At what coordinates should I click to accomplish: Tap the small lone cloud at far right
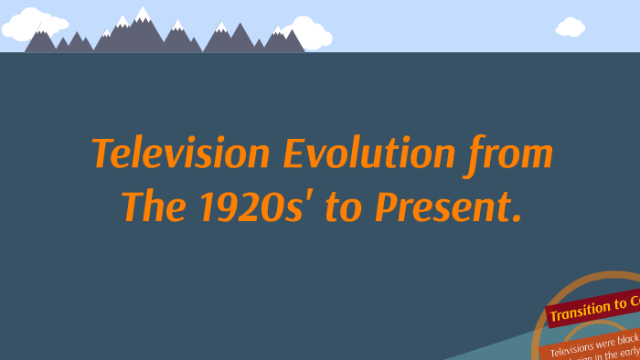[570, 27]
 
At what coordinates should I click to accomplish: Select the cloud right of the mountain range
[311, 34]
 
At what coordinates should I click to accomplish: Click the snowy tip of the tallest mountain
[143, 13]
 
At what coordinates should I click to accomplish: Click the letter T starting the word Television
[102, 154]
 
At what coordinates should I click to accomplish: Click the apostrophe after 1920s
[314, 196]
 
